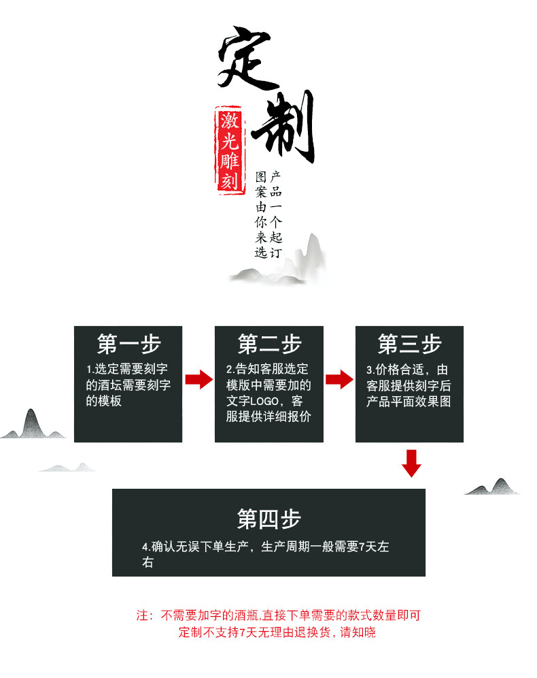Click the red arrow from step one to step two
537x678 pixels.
click(x=198, y=379)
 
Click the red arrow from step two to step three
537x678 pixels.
click(x=339, y=379)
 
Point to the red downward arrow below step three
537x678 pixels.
click(x=411, y=463)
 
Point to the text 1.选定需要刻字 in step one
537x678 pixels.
click(x=128, y=370)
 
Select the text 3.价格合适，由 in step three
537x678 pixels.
click(x=407, y=370)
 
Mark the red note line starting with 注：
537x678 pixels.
click(x=279, y=615)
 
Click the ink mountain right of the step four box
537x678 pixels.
click(x=495, y=486)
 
